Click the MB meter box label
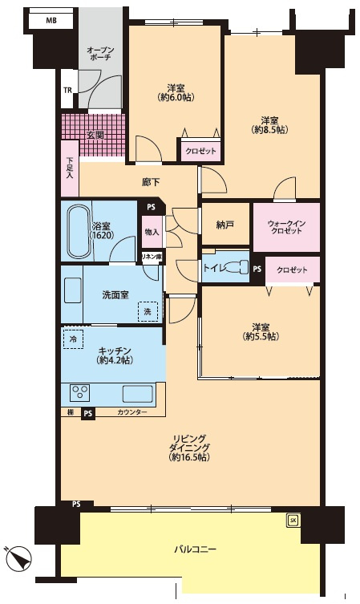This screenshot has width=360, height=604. [x=51, y=20]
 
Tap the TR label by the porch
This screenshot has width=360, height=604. [x=67, y=91]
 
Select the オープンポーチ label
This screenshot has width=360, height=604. [x=100, y=54]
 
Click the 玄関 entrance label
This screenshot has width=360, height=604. [x=95, y=136]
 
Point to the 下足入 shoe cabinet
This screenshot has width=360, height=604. [x=70, y=168]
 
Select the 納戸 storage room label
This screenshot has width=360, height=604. [x=224, y=225]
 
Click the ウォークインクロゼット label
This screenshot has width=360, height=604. [x=286, y=227]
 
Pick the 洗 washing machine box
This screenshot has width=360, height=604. [x=148, y=311]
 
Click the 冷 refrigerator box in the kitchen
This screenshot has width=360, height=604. [x=73, y=339]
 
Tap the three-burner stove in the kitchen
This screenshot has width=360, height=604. [x=79, y=393]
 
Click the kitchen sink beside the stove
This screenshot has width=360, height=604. [x=137, y=393]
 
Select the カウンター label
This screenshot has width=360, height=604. [x=131, y=412]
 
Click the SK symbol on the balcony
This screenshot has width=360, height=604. [x=293, y=521]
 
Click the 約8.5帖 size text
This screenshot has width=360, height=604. [x=269, y=130]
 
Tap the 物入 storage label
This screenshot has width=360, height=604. [x=152, y=232]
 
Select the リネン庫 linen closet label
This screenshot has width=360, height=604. [x=152, y=257]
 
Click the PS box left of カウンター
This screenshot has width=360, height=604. [x=88, y=413]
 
